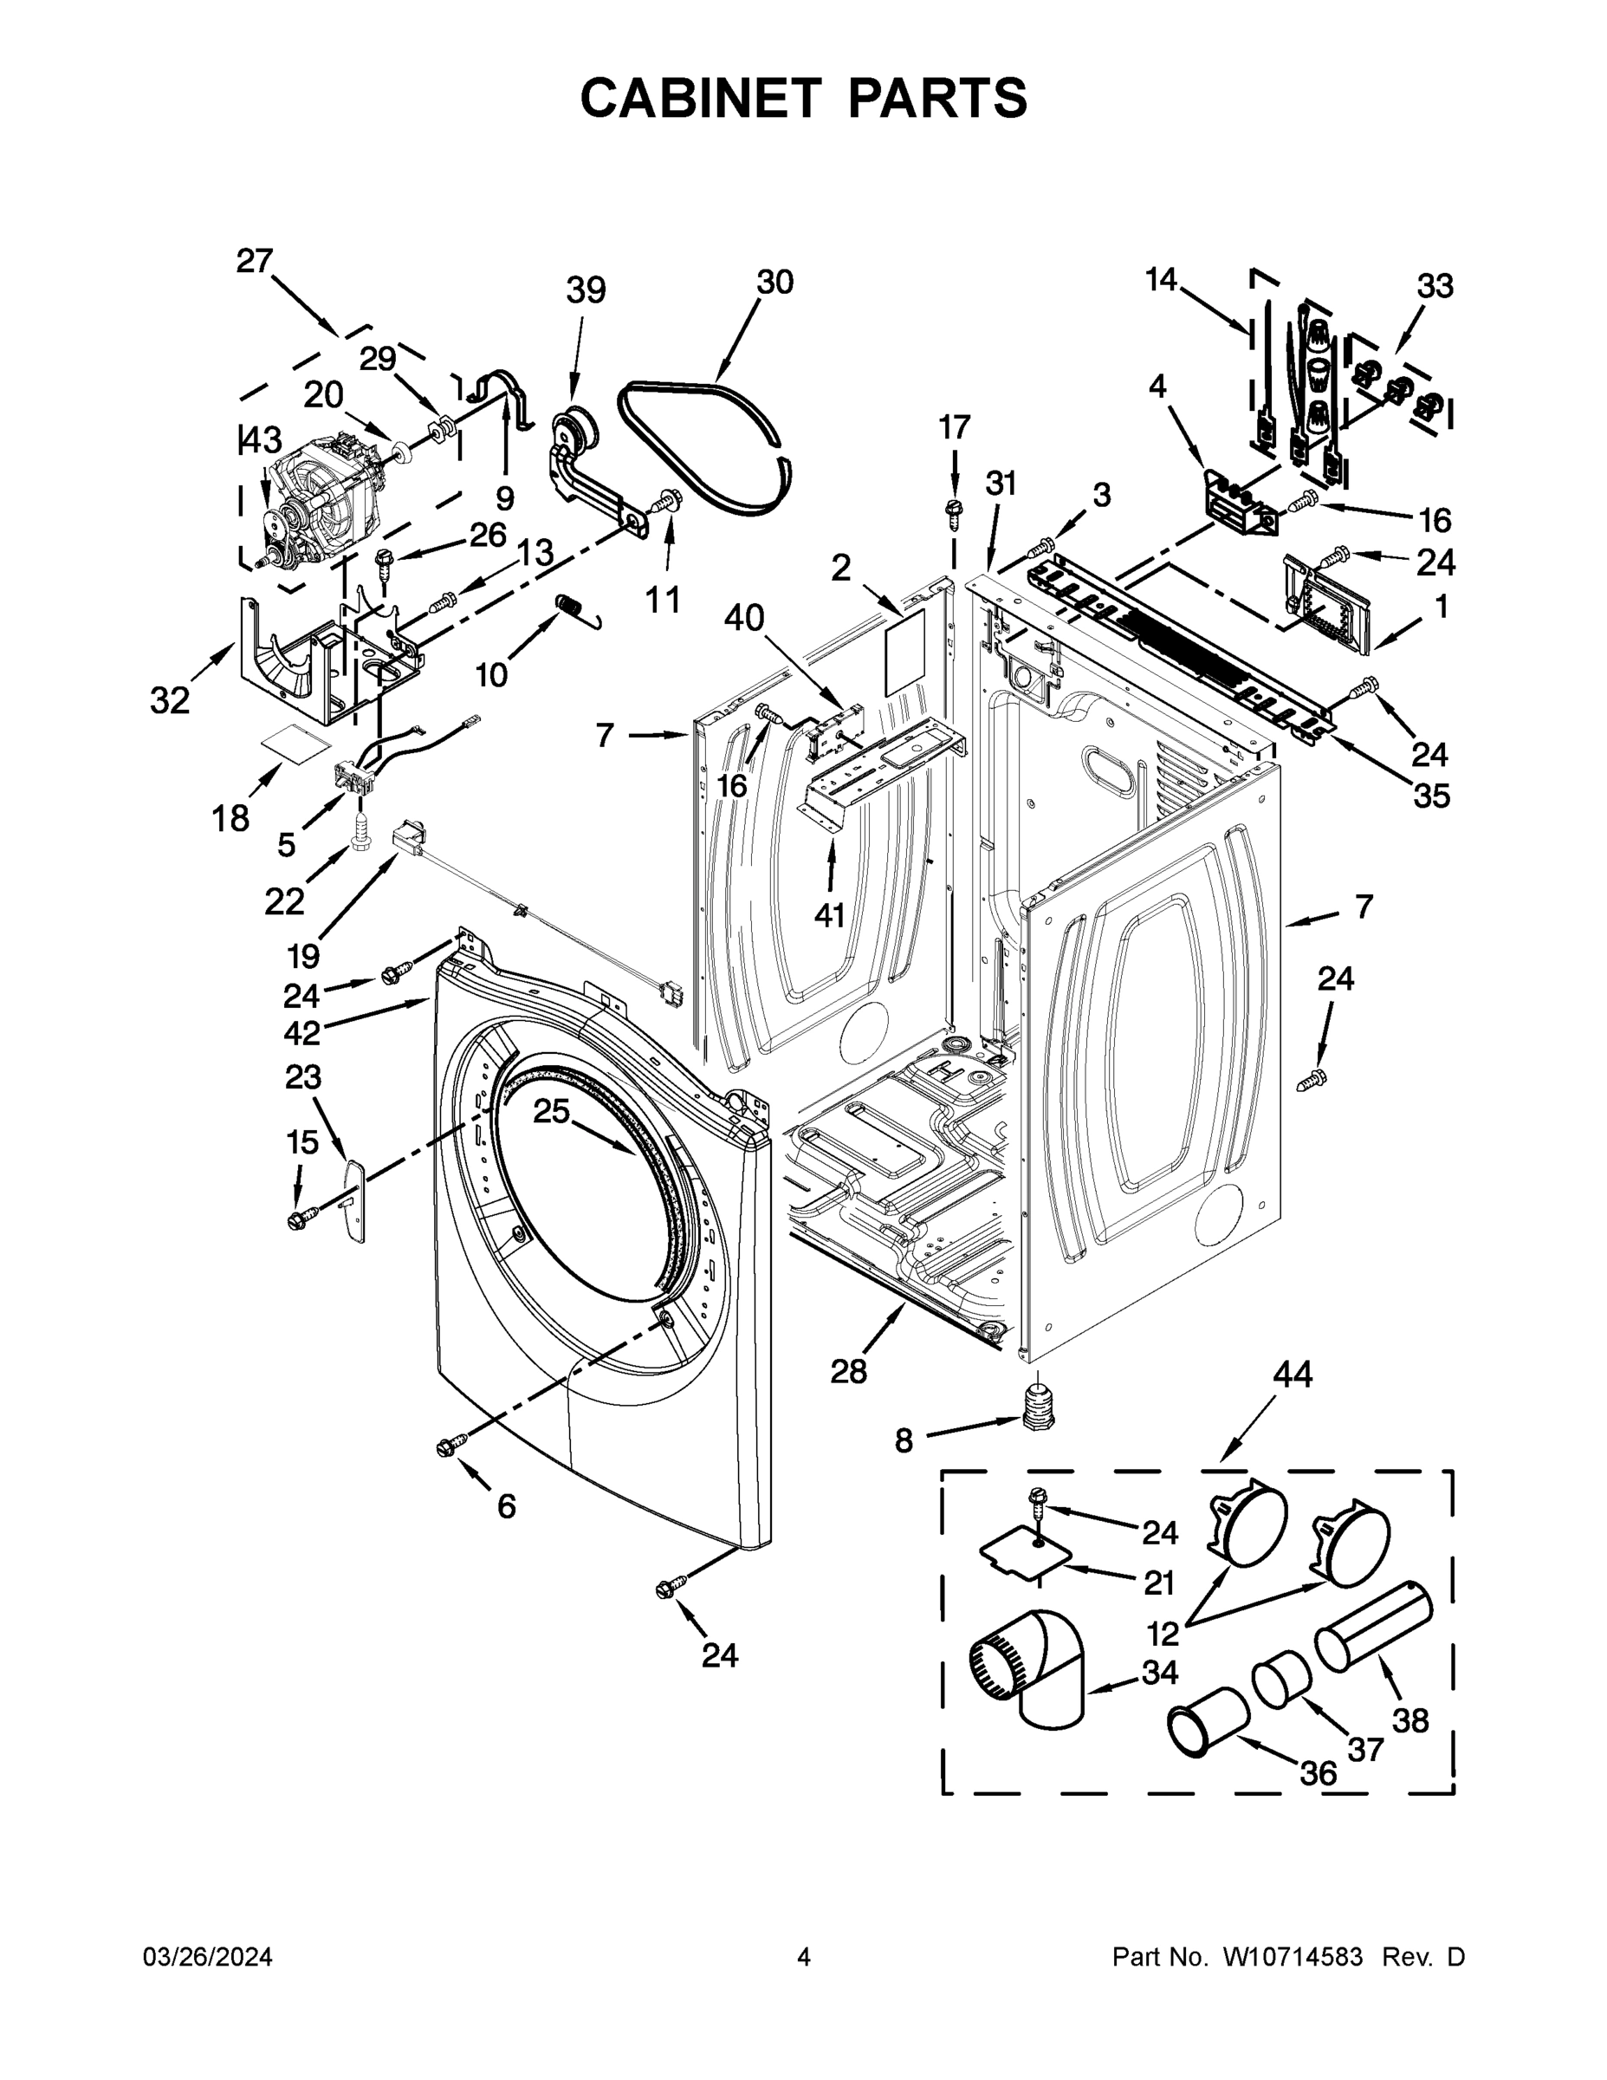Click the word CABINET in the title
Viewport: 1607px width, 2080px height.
701,98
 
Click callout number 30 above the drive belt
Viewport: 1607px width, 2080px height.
775,283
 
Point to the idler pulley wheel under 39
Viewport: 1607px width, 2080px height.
576,426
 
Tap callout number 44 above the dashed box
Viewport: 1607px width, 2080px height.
1292,1375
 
